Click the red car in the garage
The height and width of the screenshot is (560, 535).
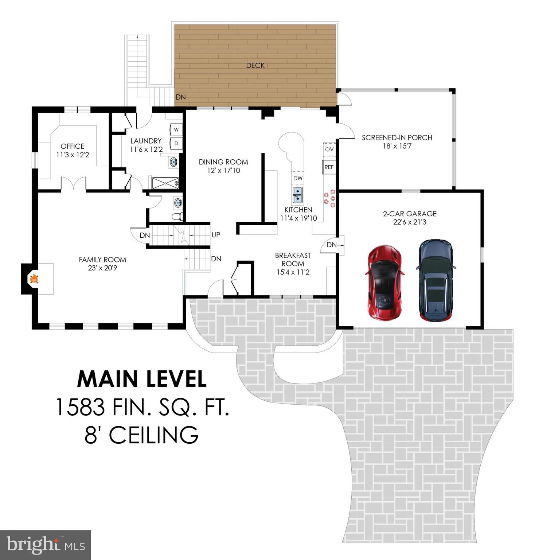[x=385, y=283]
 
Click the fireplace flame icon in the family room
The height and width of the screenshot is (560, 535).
[x=34, y=279]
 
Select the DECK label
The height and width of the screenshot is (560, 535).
[x=255, y=65]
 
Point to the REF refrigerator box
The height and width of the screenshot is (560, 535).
[x=329, y=167]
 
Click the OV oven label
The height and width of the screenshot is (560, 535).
[x=329, y=149]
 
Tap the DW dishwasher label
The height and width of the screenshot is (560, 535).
[x=298, y=178]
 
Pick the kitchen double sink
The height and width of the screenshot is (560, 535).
[x=298, y=194]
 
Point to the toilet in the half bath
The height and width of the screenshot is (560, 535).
[x=177, y=217]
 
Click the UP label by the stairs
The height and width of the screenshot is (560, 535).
[x=216, y=235]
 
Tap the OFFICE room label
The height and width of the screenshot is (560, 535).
[x=73, y=146]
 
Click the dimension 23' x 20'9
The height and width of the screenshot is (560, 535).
[x=102, y=268]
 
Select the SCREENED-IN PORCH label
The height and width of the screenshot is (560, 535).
[x=397, y=137]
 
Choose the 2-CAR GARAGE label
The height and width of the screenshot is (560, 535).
[x=410, y=214]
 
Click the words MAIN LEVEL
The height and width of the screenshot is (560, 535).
[x=142, y=379]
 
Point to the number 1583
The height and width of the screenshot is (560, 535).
[x=80, y=407]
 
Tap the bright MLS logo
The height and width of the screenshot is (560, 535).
[x=46, y=545]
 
